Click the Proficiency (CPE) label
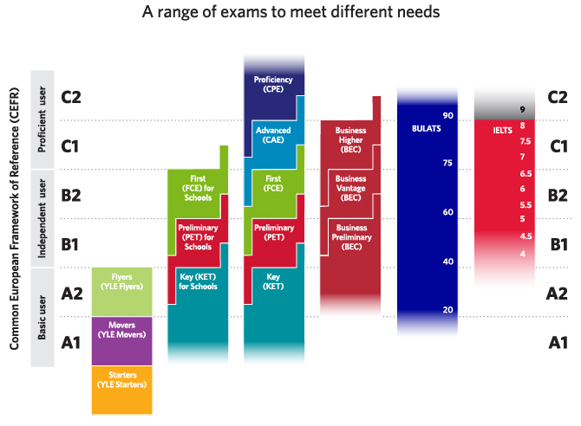coord(273,84)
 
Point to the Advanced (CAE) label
coord(273,135)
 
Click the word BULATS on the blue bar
coord(427,129)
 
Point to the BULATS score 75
coord(448,164)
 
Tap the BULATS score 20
coord(448,310)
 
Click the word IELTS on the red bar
coord(501,129)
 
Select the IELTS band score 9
coord(523,110)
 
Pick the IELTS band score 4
coord(523,253)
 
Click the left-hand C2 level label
coord(71,97)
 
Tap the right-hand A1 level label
coord(559,342)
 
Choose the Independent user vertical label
coord(43,219)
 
